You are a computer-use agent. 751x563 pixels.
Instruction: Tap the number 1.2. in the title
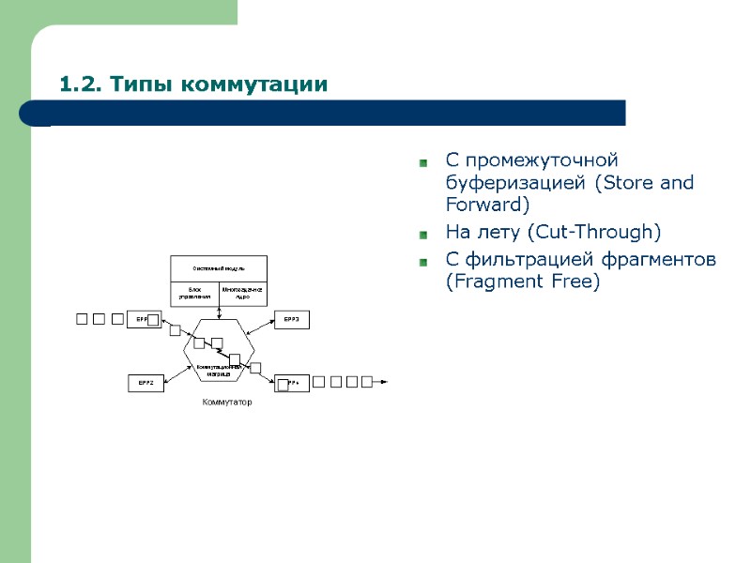click(x=81, y=84)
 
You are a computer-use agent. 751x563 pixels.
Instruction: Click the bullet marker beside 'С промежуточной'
click(x=423, y=163)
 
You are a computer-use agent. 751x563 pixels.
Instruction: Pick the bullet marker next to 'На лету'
click(x=423, y=234)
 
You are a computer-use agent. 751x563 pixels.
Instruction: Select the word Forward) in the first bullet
click(x=488, y=204)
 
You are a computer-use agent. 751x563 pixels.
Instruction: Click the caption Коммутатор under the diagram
click(x=227, y=403)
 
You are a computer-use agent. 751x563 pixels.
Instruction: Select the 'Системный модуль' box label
click(x=218, y=268)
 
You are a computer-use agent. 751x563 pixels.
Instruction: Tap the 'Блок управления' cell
click(x=194, y=293)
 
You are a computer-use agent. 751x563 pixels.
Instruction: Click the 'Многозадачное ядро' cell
click(x=242, y=293)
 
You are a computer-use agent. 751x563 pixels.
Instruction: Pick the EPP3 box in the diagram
click(x=291, y=320)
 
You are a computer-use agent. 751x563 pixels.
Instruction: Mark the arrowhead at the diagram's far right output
click(x=383, y=382)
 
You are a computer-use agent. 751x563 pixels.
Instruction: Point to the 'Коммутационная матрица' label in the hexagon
click(x=219, y=370)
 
